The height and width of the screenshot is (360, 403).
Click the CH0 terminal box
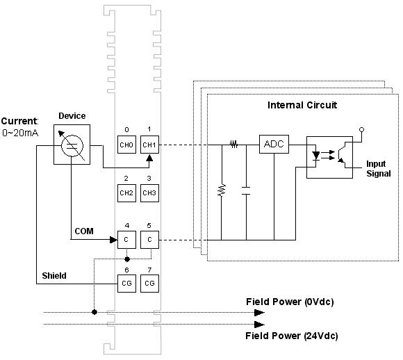tap(126, 145)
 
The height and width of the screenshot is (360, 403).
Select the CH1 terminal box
tap(149, 145)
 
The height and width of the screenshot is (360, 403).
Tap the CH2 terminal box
tap(126, 193)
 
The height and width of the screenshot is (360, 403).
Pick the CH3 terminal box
tap(149, 193)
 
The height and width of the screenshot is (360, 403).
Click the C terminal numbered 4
tap(126, 240)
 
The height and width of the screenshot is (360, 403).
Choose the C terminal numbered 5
tap(149, 240)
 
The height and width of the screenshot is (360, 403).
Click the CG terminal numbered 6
tap(126, 284)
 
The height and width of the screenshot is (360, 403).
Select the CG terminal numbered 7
tap(149, 284)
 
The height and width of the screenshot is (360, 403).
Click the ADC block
tap(274, 144)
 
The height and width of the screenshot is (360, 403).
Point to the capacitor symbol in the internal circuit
tap(246, 190)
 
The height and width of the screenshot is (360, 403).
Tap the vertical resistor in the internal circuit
tap(222, 190)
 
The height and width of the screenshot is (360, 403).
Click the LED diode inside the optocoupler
tap(315, 156)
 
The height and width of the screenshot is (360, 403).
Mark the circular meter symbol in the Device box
tap(72, 145)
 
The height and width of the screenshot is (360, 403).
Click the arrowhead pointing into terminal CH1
tap(149, 157)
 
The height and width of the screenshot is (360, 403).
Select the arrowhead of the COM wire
tap(113, 240)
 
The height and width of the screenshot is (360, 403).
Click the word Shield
tap(54, 276)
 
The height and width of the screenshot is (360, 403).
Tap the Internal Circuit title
tap(302, 105)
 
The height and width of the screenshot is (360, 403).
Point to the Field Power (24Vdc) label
tap(292, 336)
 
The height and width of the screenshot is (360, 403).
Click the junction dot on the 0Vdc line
tap(94, 312)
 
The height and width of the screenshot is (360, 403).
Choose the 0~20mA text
tap(20, 133)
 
